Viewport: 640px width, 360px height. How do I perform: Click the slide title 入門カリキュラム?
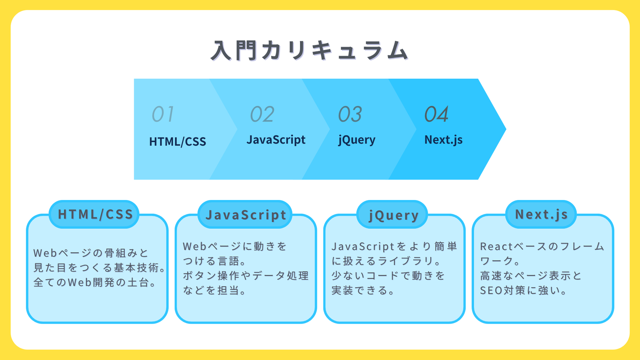pos(310,51)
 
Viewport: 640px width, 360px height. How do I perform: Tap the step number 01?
pos(163,114)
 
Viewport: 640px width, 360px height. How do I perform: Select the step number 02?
pos(262,114)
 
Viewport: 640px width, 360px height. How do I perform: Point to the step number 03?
pos(350,114)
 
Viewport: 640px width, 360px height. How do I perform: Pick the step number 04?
pos(436,114)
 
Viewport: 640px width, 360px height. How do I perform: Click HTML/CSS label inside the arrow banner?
pos(177,142)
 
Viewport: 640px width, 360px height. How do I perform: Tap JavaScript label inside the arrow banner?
pos(276,140)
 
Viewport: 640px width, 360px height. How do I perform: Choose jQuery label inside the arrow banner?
pos(356,140)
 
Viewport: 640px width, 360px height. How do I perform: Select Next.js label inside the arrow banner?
pos(444,140)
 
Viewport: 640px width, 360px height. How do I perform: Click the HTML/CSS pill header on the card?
pos(94,214)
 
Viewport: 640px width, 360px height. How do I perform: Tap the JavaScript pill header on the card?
pos(245,214)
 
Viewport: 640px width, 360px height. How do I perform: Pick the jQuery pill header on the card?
pos(392,214)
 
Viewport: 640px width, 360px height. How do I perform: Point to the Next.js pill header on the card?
pos(541,214)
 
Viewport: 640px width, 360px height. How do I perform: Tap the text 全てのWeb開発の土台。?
pos(95,283)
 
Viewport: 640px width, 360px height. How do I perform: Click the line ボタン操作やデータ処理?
pos(246,276)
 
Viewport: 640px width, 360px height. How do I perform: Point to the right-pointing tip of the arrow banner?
pos(506,129)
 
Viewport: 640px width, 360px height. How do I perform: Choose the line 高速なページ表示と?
pos(531,276)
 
